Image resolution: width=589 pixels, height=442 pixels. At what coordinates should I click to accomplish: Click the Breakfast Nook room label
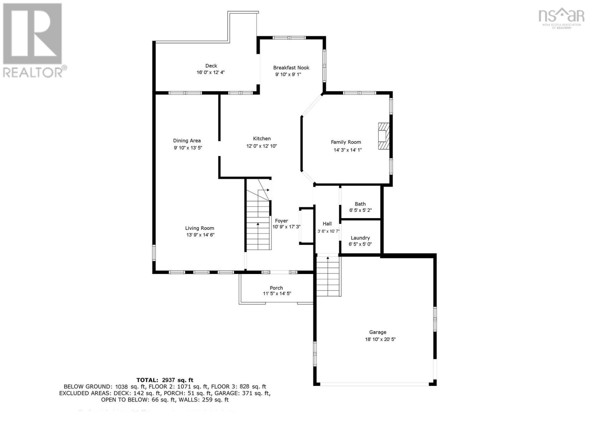point(291,67)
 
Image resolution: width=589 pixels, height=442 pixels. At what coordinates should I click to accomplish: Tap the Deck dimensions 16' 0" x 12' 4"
point(211,73)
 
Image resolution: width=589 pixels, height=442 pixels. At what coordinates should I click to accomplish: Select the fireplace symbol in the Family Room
point(384,136)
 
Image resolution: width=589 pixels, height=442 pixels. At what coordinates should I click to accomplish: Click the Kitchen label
point(262,138)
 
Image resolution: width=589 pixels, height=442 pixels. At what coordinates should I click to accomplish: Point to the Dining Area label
point(187,140)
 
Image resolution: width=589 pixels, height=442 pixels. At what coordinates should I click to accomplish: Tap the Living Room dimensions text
point(200,235)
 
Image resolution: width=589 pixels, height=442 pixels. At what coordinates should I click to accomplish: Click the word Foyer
point(282,221)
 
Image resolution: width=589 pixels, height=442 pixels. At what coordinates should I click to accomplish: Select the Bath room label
point(360,204)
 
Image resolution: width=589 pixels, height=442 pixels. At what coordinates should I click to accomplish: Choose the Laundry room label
point(360,238)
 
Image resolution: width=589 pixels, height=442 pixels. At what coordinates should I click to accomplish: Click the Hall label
point(327,224)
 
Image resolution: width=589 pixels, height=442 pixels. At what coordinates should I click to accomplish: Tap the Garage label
point(378,332)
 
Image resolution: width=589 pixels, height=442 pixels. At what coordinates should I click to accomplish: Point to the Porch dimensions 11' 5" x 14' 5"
point(277,294)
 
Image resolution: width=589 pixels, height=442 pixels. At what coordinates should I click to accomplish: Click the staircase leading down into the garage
point(328,276)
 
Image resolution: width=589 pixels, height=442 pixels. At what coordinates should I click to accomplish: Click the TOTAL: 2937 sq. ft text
point(165,380)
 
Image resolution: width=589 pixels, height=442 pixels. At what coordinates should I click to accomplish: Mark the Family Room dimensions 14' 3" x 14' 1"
point(348,150)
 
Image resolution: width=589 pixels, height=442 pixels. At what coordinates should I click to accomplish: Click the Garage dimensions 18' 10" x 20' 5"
point(380,339)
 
